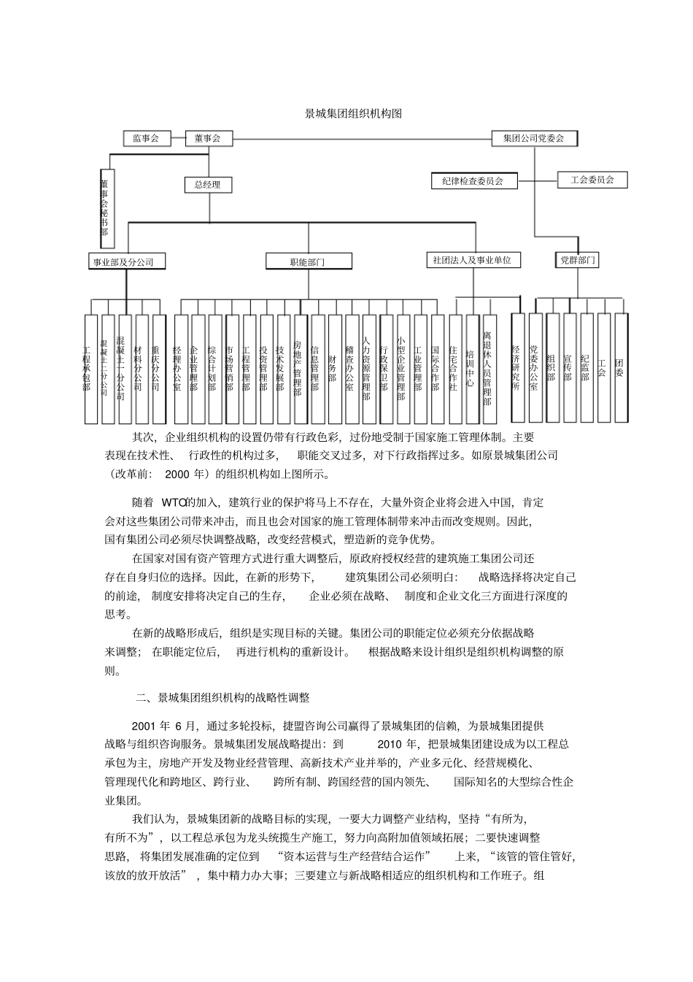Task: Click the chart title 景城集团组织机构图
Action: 353,114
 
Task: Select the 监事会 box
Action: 146,138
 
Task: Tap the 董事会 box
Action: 208,138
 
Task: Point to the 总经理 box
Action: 207,185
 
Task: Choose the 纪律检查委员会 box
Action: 473,180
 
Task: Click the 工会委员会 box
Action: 592,180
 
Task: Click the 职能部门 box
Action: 307,261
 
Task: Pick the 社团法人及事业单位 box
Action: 473,260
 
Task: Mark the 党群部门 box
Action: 577,259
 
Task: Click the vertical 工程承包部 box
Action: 90,369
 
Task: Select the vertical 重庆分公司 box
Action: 159,369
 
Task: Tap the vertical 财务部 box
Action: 335,369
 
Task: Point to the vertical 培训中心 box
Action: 472,369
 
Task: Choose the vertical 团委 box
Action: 621,367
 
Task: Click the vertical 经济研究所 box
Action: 518,367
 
